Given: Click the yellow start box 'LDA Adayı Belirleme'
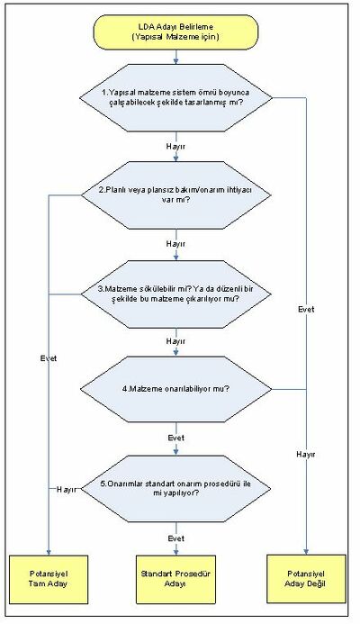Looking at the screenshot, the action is click(175, 32).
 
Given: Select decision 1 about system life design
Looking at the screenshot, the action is click(176, 97).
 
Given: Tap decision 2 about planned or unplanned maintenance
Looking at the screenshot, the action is click(176, 195).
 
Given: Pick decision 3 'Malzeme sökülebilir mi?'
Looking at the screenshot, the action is click(176, 294).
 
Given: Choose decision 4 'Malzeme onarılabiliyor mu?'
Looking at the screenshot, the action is click(176, 389).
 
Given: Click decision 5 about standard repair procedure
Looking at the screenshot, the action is click(176, 488).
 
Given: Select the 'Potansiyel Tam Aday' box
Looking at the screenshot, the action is click(49, 579).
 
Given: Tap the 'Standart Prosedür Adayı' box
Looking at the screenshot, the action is click(175, 579).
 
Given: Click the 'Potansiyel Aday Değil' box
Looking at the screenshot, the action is click(306, 579).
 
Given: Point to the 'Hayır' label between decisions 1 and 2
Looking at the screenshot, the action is click(175, 147).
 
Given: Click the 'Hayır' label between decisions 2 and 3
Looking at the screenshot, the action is click(175, 243).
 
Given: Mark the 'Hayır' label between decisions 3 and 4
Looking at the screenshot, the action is click(175, 341).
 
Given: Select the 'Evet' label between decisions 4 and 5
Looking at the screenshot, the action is click(175, 438).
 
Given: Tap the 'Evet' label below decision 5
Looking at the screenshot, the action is click(175, 538).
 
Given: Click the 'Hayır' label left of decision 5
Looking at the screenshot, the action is click(66, 490).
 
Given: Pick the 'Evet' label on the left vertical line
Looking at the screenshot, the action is click(49, 358).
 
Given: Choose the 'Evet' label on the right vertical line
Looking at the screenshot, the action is click(306, 309).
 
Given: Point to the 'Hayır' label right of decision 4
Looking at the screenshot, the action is click(306, 454).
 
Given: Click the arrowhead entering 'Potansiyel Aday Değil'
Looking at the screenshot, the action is click(306, 552).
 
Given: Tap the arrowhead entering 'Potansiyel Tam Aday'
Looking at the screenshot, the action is click(49, 552).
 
